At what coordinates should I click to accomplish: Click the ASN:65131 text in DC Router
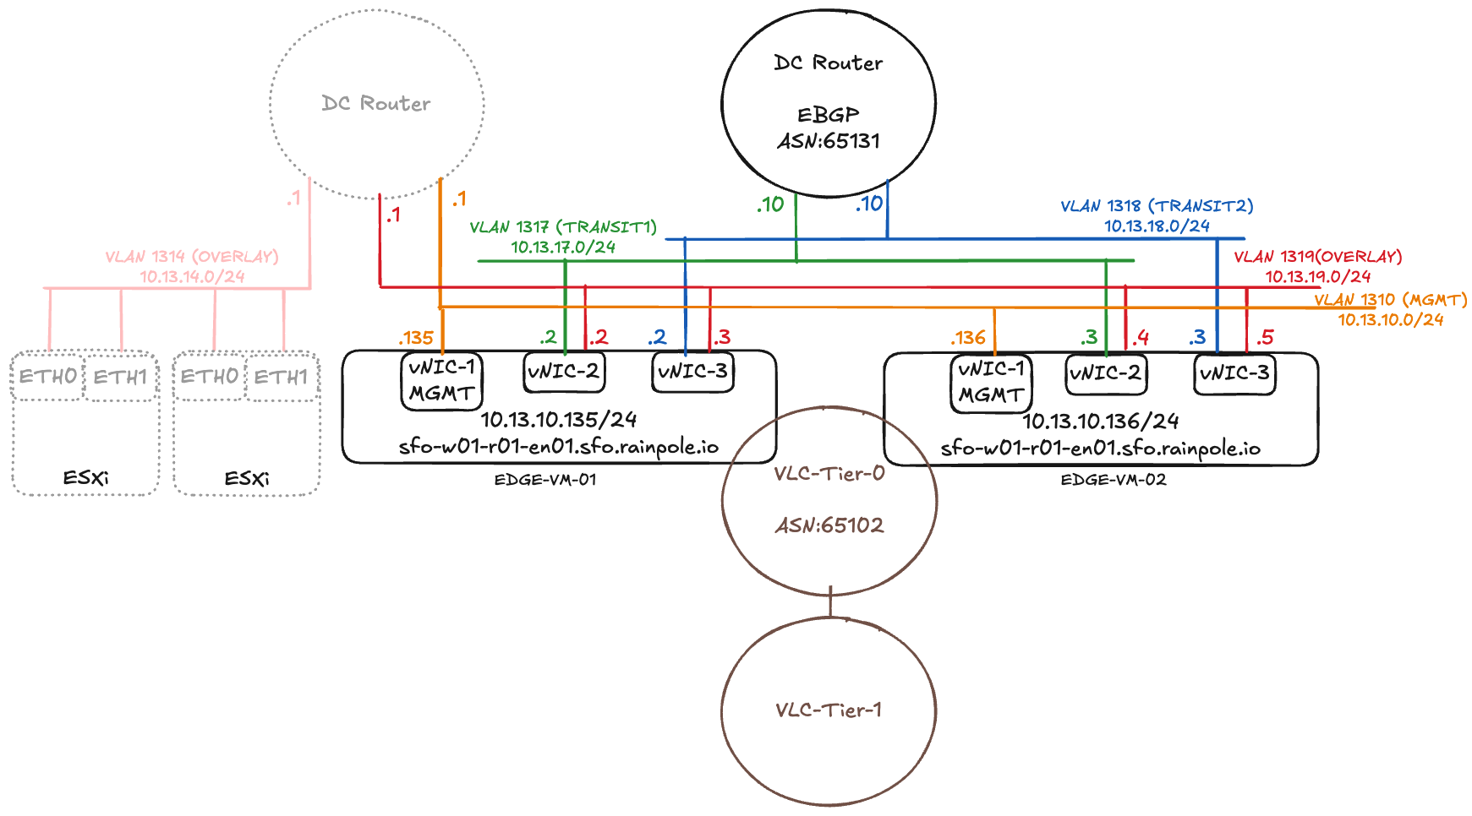coord(829,141)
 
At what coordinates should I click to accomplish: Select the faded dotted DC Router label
coord(376,103)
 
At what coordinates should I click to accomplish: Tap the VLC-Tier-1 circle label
coord(829,710)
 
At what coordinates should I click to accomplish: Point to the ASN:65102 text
coord(829,525)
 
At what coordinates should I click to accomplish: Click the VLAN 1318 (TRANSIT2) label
coord(1157,205)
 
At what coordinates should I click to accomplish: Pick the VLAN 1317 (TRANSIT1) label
coord(563,227)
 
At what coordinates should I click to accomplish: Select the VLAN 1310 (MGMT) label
coord(1390,300)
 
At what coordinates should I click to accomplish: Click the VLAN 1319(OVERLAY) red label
coord(1317,256)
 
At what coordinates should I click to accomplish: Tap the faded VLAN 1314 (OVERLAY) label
coord(192,256)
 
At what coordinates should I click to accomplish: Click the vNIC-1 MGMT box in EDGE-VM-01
coord(441,381)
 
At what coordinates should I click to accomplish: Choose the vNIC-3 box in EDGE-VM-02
coord(1234,373)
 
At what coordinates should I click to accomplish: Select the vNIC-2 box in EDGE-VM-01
coord(564,372)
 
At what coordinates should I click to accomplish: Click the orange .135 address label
coord(416,338)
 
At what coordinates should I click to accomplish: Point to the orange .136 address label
coord(968,338)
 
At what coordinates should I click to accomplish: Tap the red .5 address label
coord(1265,338)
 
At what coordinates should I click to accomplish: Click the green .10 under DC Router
coord(770,204)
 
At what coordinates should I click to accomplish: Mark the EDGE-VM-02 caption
coord(1114,480)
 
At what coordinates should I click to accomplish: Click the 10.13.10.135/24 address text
coord(559,419)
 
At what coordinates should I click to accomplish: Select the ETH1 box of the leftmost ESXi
coord(121,377)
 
